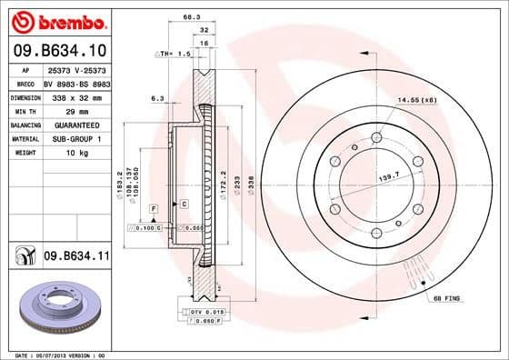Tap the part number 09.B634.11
(x=76, y=258)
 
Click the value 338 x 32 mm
(x=76, y=97)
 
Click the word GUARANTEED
(x=76, y=125)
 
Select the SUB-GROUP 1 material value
(x=76, y=138)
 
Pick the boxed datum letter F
(x=154, y=210)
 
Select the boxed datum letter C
(x=184, y=204)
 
